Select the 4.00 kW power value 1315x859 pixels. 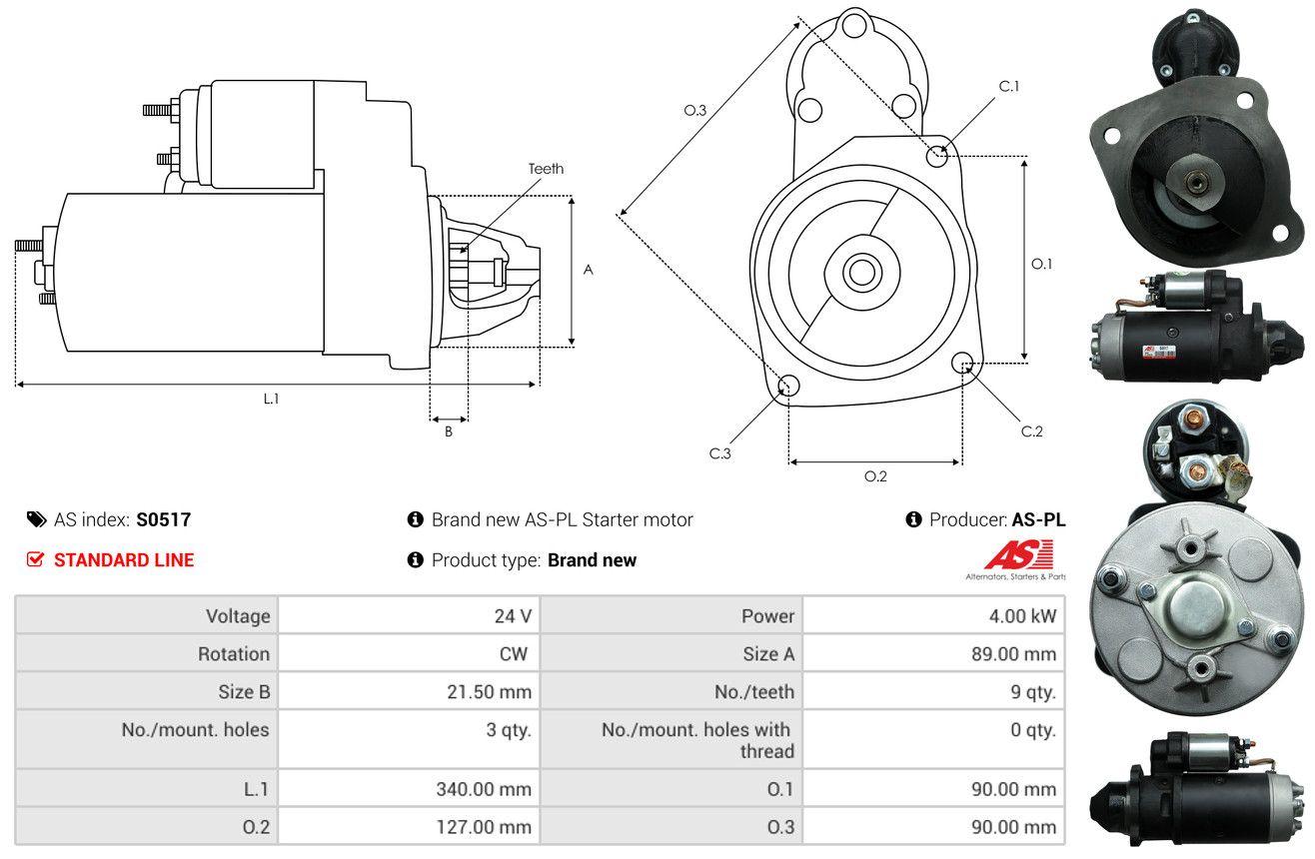coord(1022,615)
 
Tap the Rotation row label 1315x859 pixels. coord(234,653)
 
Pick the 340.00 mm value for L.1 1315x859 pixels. coord(484,789)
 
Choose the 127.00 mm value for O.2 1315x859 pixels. coord(484,827)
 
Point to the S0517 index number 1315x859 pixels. coord(163,519)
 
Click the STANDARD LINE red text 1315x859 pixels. coord(124,559)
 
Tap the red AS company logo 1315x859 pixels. coord(1018,555)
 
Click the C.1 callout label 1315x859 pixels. coord(1008,87)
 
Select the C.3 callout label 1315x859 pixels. coord(719,453)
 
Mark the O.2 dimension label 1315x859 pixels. coord(875,476)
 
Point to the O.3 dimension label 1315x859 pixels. coord(695,110)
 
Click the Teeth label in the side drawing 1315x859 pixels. coord(546,169)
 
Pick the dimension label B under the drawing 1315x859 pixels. coord(449,431)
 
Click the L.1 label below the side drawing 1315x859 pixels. coord(271,399)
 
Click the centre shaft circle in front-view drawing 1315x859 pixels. coord(861,273)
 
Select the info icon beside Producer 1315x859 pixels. coord(913,519)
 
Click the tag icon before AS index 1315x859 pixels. coord(36,519)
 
